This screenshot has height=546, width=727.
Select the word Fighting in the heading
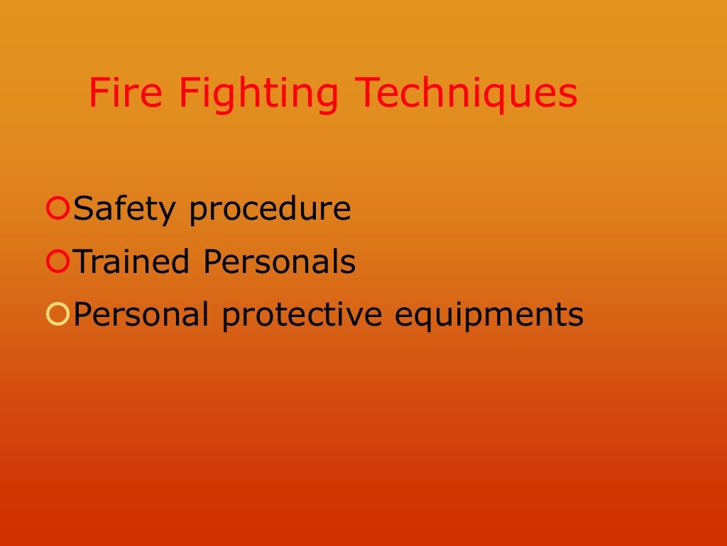tap(258, 93)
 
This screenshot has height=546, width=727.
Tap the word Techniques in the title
tap(466, 93)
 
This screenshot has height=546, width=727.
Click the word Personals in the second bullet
tap(279, 262)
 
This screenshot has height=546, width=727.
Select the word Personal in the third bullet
tap(141, 314)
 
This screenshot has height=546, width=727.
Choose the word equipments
tap(489, 314)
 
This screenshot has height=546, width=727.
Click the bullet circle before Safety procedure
tap(57, 209)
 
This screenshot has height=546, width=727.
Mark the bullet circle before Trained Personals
tap(57, 262)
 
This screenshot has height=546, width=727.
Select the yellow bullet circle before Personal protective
tap(57, 314)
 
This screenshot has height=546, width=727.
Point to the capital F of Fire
tap(97, 93)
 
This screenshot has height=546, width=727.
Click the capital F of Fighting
tap(187, 93)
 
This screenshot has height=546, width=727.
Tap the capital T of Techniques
tap(366, 93)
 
